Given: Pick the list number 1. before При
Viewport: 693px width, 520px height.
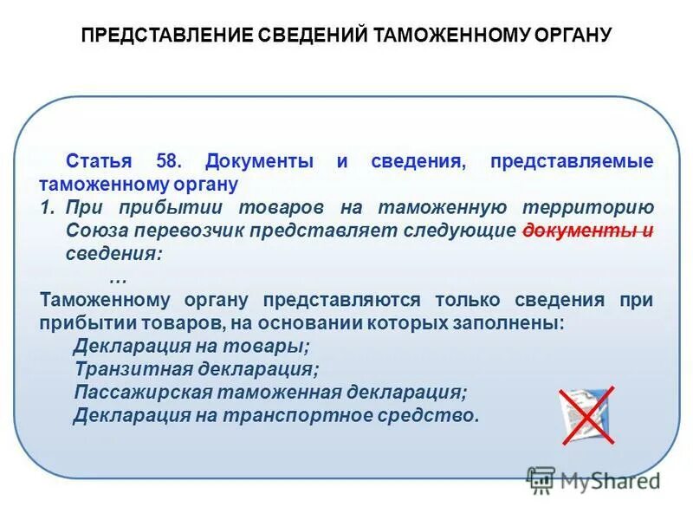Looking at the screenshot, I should [49, 208].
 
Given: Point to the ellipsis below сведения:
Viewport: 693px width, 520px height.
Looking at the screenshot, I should [119, 277].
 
